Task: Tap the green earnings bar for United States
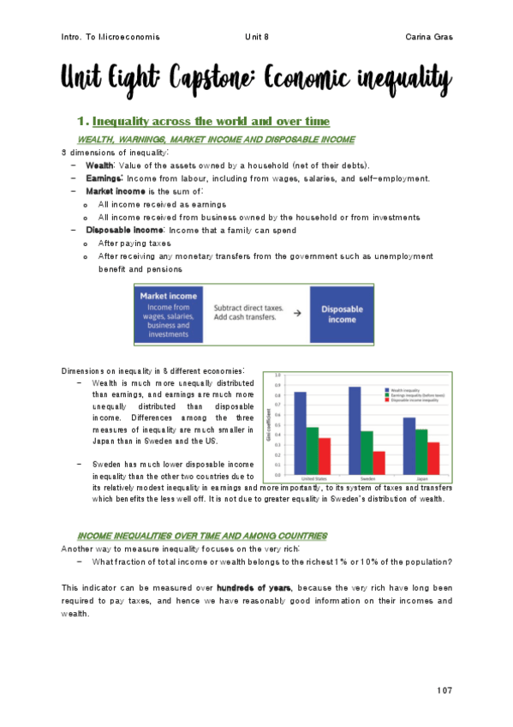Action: pos(313,451)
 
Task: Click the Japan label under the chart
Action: pos(421,480)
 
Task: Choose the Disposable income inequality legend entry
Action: pos(411,400)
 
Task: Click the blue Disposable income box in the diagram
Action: pos(342,315)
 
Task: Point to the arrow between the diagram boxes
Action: pos(296,314)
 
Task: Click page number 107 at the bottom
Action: pos(443,690)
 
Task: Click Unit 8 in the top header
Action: pos(257,37)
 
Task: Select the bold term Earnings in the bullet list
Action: pos(105,178)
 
